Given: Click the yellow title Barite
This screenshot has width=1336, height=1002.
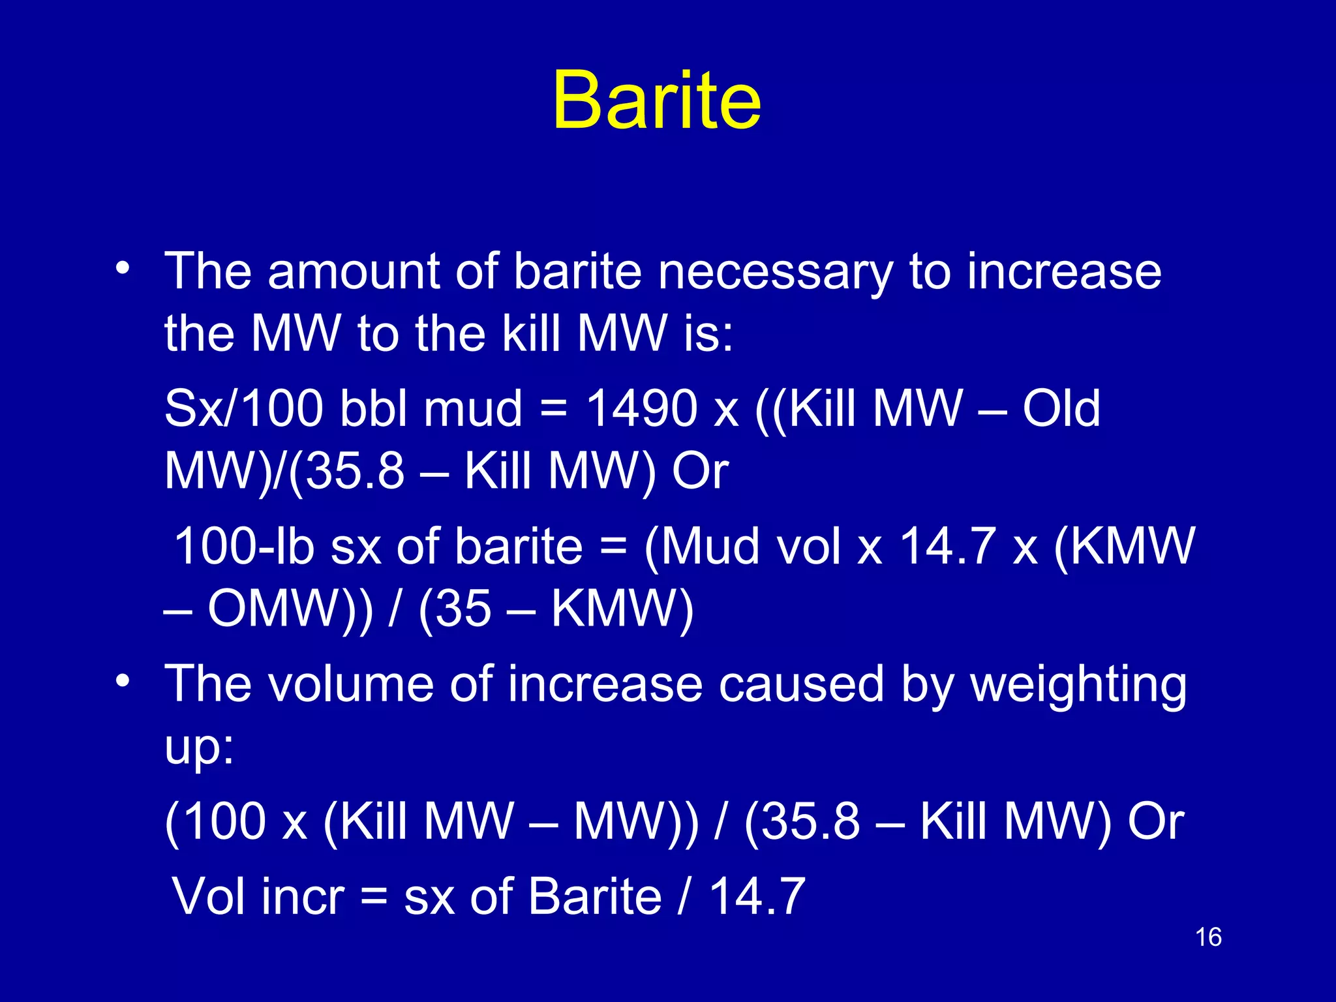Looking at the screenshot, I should tap(656, 101).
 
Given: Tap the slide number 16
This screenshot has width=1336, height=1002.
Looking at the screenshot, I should tap(1207, 937).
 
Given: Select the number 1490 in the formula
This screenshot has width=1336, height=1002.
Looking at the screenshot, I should tap(642, 409).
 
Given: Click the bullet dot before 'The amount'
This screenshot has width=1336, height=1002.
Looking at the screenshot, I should tap(123, 267).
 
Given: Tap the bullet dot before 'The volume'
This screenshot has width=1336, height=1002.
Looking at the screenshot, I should tap(123, 680).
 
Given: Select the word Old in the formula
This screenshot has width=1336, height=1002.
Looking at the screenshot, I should tap(1061, 409).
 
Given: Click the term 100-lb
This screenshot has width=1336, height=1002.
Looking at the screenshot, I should tap(244, 546).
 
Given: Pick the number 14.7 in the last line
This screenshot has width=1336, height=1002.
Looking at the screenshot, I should tap(757, 897).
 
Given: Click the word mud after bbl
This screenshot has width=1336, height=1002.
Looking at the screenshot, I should tap(473, 409).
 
